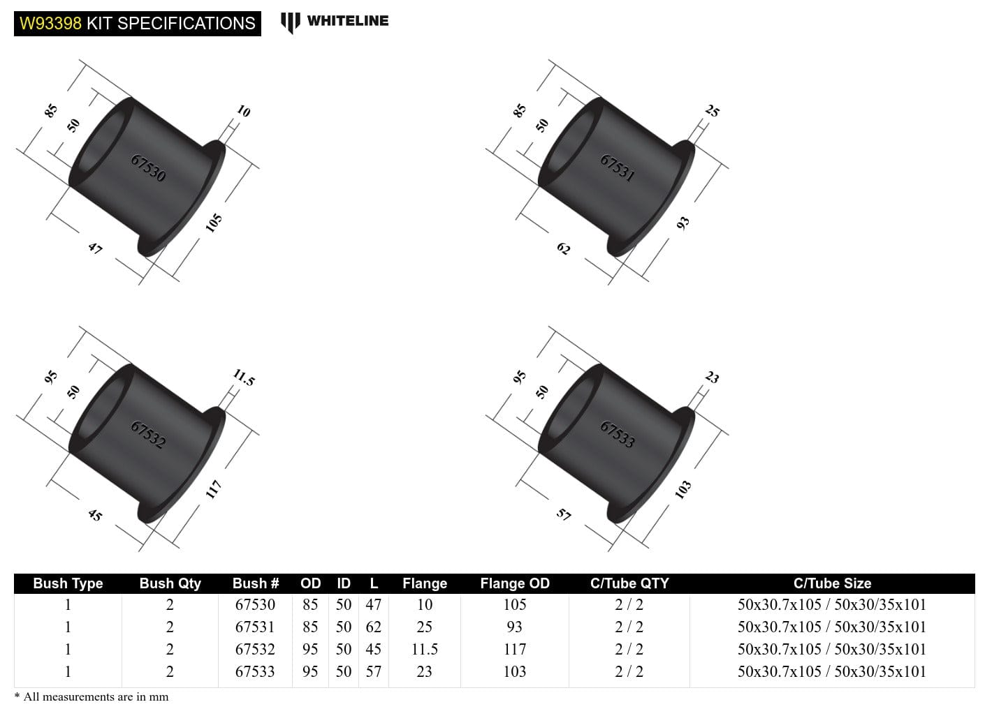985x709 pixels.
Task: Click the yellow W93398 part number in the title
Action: pos(50,23)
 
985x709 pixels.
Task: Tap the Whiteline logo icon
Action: pos(290,22)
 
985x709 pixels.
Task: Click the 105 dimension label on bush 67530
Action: pos(214,223)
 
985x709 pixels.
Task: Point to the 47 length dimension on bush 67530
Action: pos(95,248)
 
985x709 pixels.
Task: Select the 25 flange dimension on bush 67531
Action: pos(712,110)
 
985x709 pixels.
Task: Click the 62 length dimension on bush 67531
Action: pos(564,248)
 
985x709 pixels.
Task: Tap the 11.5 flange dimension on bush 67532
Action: pos(244,378)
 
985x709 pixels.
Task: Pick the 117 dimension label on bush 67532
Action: pos(214,488)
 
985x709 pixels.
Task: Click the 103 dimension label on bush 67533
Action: pos(683,489)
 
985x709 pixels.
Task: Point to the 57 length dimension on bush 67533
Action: pos(564,515)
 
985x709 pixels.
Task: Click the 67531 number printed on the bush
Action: pos(618,168)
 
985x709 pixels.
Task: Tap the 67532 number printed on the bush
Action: pos(148,434)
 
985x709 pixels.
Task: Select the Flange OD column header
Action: pos(515,583)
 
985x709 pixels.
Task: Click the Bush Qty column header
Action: pos(170,583)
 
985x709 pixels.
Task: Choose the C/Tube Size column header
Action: pos(832,583)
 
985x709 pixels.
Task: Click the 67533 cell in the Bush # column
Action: pos(255,671)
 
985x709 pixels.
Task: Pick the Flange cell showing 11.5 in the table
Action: pos(424,649)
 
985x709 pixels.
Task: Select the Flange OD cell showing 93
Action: pos(515,627)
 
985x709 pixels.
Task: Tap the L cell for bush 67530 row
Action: pos(374,604)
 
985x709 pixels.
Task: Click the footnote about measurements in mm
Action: pos(92,696)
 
